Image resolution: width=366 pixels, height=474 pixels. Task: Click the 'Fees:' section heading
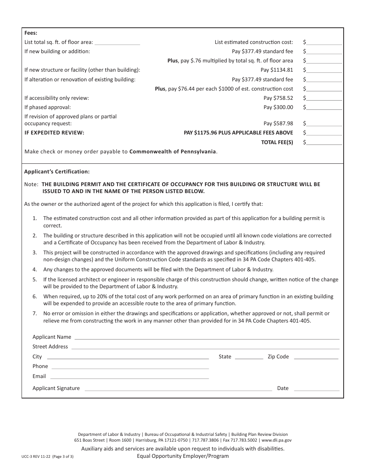pos(31,33)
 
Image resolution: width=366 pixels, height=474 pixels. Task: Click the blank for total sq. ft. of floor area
pos(117,43)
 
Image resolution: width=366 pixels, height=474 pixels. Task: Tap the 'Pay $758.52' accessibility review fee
pos(278,98)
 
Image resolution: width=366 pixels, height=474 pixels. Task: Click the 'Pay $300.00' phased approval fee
pos(278,108)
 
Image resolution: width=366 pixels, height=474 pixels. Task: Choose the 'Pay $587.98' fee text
pos(278,124)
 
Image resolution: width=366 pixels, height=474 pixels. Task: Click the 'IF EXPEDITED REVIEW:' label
pos(54,133)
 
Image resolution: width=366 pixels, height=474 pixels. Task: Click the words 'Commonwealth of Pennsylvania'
pos(173,152)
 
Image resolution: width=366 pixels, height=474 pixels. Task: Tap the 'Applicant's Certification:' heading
pos(57,172)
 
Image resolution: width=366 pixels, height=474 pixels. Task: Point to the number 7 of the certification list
pos(35,314)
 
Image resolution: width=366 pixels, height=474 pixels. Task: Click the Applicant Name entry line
pos(207,338)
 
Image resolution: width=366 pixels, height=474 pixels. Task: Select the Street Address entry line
pos(205,347)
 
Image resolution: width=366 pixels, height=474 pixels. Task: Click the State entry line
pos(249,357)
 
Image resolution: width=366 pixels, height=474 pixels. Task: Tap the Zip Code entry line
pos(316,357)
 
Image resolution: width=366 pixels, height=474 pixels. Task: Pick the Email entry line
pos(129,377)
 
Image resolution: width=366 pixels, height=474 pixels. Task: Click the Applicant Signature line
pos(178,389)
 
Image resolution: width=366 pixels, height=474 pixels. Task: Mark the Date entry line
pos(316,389)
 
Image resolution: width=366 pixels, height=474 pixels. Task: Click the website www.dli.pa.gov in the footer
pos(277,440)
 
